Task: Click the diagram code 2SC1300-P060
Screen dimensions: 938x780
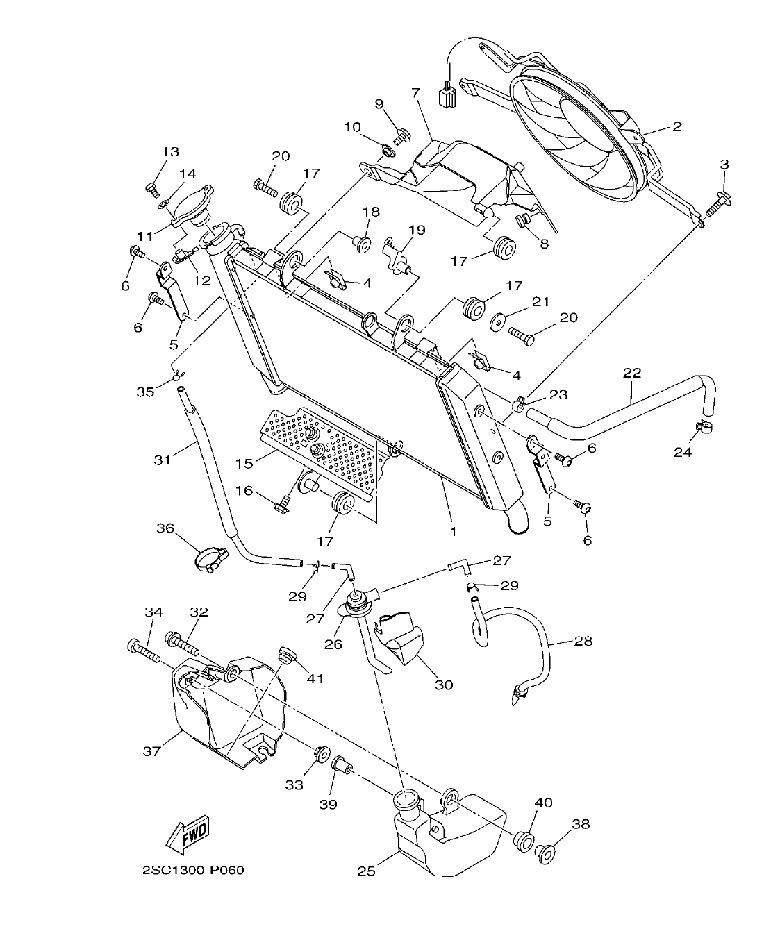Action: click(193, 870)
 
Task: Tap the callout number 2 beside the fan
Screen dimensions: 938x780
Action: click(677, 126)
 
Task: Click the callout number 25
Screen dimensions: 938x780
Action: click(366, 870)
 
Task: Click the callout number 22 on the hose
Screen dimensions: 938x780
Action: click(631, 373)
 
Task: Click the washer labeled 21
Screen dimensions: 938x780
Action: click(497, 321)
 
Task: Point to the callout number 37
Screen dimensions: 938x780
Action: click(152, 751)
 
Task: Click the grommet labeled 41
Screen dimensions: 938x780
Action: click(285, 654)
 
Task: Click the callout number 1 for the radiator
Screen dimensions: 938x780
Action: click(452, 531)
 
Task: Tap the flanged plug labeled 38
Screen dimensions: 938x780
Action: click(547, 851)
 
